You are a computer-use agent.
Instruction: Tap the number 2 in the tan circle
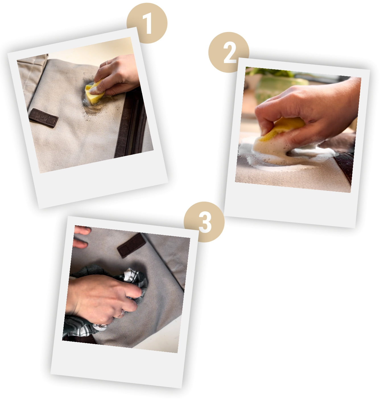point(230,53)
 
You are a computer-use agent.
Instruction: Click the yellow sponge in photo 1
point(94,93)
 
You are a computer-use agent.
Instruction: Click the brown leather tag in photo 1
point(43,118)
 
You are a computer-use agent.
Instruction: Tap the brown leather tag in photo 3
point(131,245)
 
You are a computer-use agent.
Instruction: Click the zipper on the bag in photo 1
point(133,127)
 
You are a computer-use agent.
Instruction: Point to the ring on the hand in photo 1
point(107,63)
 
